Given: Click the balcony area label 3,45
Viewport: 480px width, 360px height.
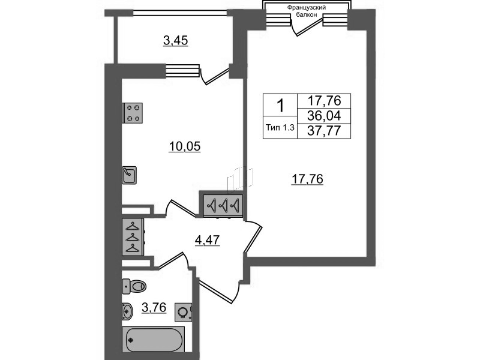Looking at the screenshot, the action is pyautogui.click(x=175, y=40).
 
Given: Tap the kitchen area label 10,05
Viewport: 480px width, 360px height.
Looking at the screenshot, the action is pyautogui.click(x=185, y=146).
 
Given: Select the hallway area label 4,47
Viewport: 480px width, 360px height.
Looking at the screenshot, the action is pyautogui.click(x=207, y=240).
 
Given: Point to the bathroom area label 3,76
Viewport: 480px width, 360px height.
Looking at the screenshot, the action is pyautogui.click(x=154, y=307).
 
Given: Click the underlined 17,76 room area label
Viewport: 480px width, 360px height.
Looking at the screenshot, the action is pyautogui.click(x=307, y=179).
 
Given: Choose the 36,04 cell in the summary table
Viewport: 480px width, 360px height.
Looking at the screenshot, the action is pyautogui.click(x=324, y=116).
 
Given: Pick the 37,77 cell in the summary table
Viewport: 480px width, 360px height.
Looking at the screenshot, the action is pyautogui.click(x=324, y=131).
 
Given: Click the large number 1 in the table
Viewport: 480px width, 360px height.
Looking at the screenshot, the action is pyautogui.click(x=280, y=106).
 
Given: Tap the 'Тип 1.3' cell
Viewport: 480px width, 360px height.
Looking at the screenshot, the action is pyautogui.click(x=280, y=128).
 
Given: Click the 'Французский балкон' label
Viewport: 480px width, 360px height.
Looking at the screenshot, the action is pyautogui.click(x=307, y=11).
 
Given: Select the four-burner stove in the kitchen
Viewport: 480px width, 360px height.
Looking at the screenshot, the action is pyautogui.click(x=133, y=113).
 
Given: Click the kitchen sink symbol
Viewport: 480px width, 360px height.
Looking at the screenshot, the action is pyautogui.click(x=129, y=175).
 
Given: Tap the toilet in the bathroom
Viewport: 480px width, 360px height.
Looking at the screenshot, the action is pyautogui.click(x=134, y=287).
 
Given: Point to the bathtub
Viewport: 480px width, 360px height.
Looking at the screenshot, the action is pyautogui.click(x=154, y=340).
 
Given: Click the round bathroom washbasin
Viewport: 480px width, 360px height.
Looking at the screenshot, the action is pyautogui.click(x=127, y=311).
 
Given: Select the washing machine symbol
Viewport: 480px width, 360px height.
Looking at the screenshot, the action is pyautogui.click(x=184, y=312).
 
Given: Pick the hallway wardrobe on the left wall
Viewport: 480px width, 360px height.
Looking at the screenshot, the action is pyautogui.click(x=133, y=236).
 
